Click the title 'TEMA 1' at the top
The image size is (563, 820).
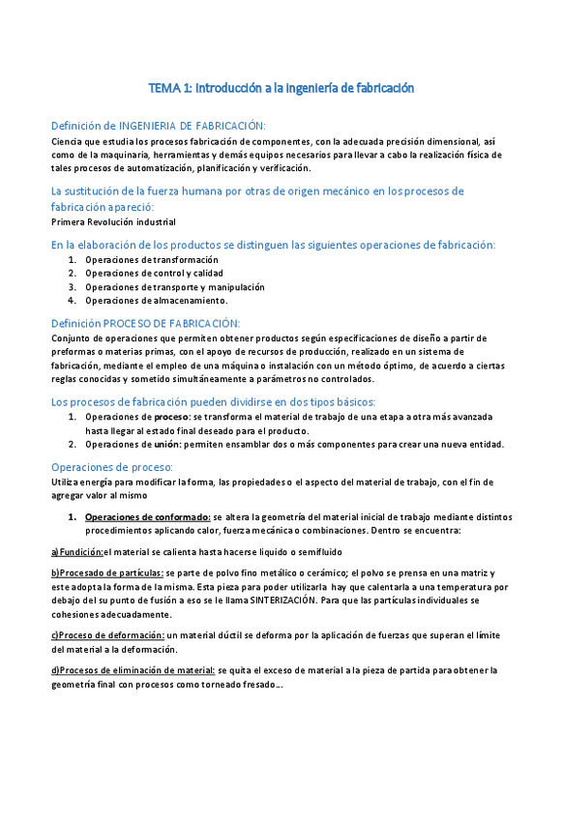pos(170,88)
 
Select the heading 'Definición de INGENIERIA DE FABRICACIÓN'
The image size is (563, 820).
pos(158,126)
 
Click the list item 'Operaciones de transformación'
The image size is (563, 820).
pos(151,260)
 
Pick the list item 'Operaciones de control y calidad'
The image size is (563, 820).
pos(154,274)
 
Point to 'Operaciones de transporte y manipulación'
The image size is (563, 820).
pos(174,287)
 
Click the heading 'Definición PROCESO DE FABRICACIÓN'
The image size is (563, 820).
pos(145,323)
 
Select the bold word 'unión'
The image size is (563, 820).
pos(167,445)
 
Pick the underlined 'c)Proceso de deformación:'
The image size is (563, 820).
pos(107,635)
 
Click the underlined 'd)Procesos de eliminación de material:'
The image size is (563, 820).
pos(132,670)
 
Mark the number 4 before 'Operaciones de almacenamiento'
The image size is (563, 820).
pos(73,301)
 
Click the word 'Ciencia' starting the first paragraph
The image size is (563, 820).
pos(68,142)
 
